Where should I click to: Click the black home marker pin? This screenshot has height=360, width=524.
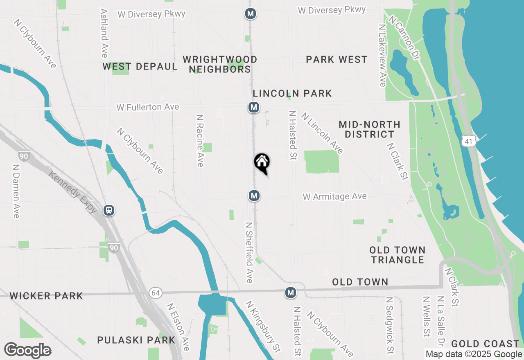click(262, 162)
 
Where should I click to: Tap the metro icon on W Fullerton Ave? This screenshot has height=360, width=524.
click(254, 108)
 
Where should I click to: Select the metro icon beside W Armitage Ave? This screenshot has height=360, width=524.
click(254, 196)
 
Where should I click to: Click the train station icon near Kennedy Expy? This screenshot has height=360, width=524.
click(109, 210)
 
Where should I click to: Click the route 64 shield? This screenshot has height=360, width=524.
click(155, 293)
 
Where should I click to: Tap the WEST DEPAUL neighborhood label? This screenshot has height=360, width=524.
click(140, 66)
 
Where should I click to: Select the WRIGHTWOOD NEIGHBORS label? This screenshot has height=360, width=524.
click(220, 64)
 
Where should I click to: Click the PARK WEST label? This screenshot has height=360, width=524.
click(337, 60)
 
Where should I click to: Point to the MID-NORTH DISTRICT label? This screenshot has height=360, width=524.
click(369, 129)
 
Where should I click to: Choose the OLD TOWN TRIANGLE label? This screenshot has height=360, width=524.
click(397, 255)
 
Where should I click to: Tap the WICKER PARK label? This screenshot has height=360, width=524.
click(46, 296)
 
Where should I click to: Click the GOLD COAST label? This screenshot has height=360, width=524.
click(485, 344)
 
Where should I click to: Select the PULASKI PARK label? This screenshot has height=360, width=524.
click(136, 340)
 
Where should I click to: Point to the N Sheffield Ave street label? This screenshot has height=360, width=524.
click(249, 252)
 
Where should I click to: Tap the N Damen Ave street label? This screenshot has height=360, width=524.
click(16, 191)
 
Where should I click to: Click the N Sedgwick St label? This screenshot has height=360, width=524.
click(390, 325)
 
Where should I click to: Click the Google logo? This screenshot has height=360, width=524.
click(28, 351)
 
